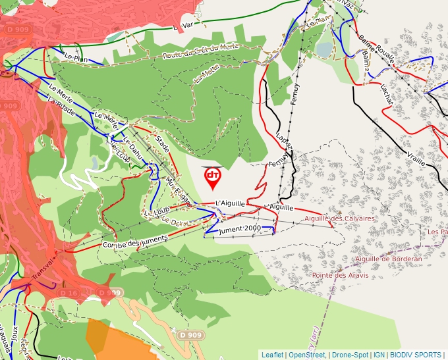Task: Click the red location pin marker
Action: [212, 176]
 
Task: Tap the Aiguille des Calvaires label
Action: [340, 218]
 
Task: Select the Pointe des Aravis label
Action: [339, 275]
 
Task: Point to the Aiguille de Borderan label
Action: [388, 259]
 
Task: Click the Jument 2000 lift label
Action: [240, 228]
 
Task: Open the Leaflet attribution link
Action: [272, 355]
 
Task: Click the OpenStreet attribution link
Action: [307, 355]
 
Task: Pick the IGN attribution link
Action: [379, 355]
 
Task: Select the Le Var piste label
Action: [185, 26]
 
